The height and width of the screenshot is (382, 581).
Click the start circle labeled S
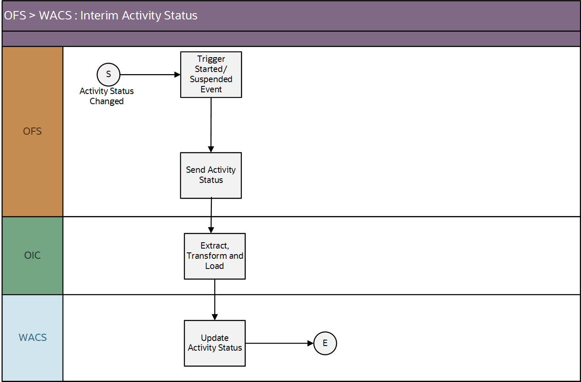108,75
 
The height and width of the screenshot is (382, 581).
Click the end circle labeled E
325,343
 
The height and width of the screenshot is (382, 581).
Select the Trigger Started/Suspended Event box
211,75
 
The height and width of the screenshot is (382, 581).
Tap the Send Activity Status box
211,175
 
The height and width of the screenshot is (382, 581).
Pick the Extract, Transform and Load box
214,256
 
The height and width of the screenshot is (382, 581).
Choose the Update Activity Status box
214,343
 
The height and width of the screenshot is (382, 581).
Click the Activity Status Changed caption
107,96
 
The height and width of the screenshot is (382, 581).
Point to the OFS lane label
33,131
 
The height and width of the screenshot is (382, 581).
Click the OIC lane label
33,255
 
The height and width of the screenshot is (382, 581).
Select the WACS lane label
33,338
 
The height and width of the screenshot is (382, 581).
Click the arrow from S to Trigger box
150,75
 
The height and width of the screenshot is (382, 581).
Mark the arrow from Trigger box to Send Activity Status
211,125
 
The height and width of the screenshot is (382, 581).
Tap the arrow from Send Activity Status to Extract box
211,216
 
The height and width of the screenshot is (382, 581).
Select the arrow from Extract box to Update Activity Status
215,299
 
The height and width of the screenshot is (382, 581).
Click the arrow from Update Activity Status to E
279,343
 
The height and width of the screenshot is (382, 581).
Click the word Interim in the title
99,16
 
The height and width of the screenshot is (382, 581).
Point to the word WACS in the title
55,16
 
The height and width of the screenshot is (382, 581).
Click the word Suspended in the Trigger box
211,79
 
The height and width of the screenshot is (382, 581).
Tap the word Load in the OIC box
214,266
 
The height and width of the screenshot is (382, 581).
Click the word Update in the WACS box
214,338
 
